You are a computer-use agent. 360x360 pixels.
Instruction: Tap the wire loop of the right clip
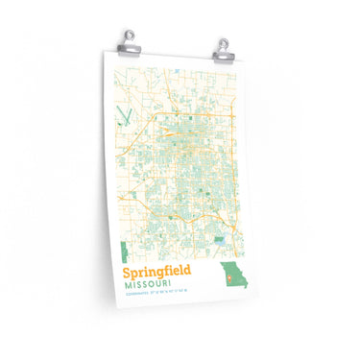223,37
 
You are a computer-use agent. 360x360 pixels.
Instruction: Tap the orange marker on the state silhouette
228,280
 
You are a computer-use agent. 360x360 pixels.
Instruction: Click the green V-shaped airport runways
121,121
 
